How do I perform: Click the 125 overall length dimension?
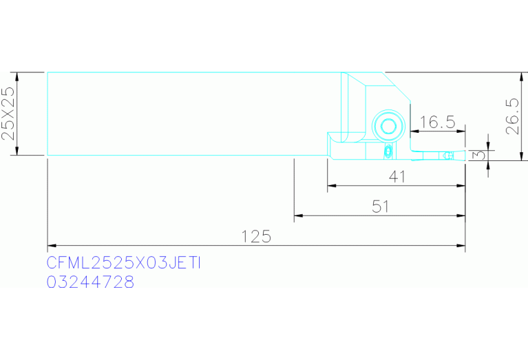tap(256, 236)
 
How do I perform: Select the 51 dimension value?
tap(381, 207)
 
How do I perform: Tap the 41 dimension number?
tap(397, 176)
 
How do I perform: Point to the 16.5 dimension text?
tap(438, 122)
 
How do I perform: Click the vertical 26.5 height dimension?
tap(513, 116)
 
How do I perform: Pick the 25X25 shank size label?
tap(8, 113)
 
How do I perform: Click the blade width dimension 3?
tap(479, 155)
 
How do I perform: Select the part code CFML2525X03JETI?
tap(124, 263)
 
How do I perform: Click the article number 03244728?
tap(90, 282)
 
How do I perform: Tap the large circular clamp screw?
tap(388, 126)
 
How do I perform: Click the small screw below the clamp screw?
tap(388, 151)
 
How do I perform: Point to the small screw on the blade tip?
tap(448, 156)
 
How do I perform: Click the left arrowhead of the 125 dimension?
tap(52, 246)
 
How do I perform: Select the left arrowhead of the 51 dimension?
tap(299, 215)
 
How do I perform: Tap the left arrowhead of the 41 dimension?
tap(332, 186)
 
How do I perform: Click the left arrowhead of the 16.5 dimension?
tap(414, 131)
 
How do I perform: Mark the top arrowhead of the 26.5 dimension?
tap(522, 76)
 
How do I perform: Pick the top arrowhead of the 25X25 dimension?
tap(17, 76)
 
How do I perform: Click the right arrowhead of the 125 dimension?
tap(461, 246)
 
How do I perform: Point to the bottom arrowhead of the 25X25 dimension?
tap(17, 151)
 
